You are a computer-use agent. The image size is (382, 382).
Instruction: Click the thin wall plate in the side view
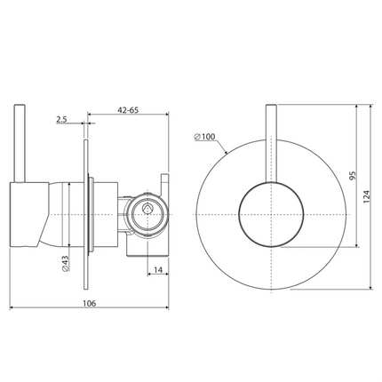(87, 213)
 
